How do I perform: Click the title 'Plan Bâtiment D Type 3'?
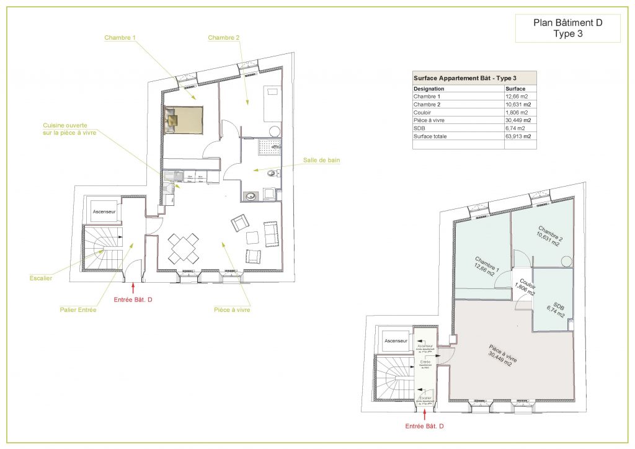567,29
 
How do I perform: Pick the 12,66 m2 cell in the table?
517,97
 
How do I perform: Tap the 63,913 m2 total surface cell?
520,136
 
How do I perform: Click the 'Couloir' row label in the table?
424,112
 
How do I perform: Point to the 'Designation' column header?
429,89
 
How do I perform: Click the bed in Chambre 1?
184,120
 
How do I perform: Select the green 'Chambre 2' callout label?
224,38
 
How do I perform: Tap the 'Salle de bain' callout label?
321,161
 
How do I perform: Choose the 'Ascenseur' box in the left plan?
104,212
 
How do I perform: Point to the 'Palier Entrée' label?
78,309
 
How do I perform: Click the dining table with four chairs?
184,247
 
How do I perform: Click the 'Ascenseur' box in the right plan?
395,341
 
